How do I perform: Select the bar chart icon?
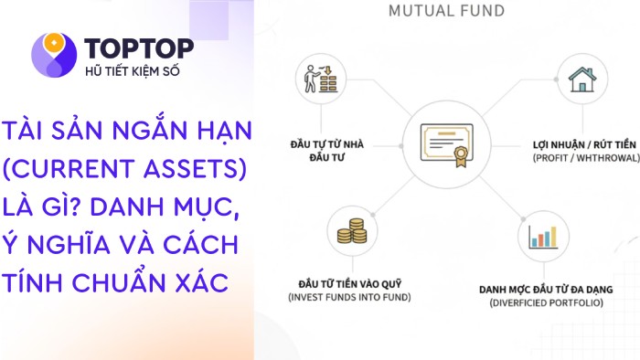(x=540, y=236)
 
